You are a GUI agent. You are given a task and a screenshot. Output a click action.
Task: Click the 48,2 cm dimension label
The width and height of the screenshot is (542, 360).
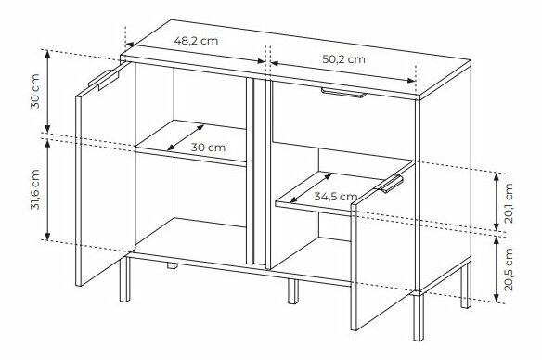click(196, 41)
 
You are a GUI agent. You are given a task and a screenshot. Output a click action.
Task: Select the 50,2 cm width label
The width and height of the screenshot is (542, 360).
click(343, 59)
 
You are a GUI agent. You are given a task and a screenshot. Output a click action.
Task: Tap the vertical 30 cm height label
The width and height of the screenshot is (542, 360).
click(35, 91)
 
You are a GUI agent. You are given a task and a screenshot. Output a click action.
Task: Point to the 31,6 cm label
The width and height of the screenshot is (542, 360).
click(35, 189)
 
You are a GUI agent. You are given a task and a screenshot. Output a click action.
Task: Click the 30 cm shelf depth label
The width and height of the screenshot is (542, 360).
click(208, 148)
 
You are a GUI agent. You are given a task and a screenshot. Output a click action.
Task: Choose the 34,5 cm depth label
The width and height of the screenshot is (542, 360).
click(336, 197)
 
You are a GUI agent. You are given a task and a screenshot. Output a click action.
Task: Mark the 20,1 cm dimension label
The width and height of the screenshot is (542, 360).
click(509, 203)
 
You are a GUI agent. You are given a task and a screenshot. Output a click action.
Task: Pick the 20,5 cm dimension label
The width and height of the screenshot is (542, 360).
click(509, 270)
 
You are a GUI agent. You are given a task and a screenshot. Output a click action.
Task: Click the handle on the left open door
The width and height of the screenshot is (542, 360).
click(103, 80)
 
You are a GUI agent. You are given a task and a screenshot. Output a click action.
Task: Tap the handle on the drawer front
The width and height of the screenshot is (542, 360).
click(343, 93)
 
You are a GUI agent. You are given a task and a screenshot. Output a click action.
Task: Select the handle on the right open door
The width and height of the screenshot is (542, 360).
click(389, 184)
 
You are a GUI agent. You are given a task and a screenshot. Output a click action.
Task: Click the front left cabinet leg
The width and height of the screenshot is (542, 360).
click(124, 278)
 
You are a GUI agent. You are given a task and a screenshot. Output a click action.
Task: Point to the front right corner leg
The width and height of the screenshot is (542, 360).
click(419, 315)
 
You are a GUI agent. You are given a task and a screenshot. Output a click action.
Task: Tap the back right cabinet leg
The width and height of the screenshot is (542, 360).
click(466, 286)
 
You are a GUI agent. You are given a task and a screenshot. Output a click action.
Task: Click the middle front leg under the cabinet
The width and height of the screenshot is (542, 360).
click(293, 291)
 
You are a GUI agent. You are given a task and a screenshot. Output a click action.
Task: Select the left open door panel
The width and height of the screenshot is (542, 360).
click(106, 174)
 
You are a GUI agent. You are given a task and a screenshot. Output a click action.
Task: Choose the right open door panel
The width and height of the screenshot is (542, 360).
click(383, 246)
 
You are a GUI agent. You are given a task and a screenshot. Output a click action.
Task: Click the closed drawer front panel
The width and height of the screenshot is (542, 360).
click(343, 120)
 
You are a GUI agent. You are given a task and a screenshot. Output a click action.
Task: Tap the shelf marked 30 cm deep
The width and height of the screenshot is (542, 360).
click(190, 142)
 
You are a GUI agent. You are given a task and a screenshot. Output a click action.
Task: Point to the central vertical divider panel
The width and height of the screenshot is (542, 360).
click(257, 173)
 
